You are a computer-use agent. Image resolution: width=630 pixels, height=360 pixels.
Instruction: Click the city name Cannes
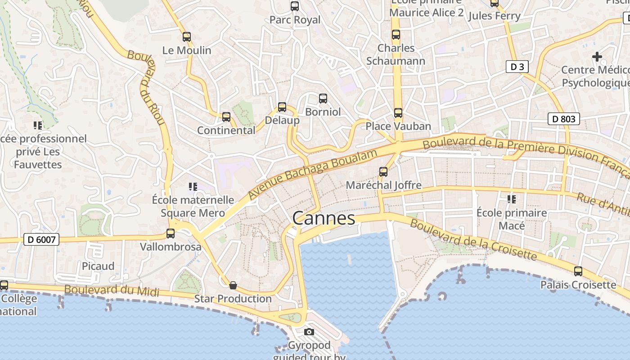coord(324,218)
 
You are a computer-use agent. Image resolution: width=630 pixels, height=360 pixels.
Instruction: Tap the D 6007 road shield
coord(41,239)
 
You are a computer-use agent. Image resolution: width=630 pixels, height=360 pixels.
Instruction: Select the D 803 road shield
coord(563,119)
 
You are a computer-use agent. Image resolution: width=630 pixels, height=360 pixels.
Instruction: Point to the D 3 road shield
coord(517,67)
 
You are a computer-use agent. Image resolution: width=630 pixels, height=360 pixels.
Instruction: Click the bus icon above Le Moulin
coord(187,37)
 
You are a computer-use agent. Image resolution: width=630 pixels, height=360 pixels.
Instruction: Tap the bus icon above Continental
coord(226,117)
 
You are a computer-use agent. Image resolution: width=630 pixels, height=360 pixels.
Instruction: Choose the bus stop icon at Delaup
coord(282,107)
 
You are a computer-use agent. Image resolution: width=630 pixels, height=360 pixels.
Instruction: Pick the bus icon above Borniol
coord(323,99)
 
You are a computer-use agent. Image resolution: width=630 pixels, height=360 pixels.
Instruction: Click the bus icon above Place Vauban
coord(398,113)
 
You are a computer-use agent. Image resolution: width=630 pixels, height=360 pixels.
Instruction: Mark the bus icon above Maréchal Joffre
coord(383,172)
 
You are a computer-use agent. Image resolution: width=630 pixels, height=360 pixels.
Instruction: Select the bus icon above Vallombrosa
coord(171,234)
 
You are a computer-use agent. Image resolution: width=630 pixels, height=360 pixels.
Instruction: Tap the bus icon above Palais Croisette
coord(578,271)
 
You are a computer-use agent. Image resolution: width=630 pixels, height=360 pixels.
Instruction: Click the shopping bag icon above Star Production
coord(233,285)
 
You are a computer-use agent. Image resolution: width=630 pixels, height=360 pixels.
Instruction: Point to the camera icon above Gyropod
coord(309,332)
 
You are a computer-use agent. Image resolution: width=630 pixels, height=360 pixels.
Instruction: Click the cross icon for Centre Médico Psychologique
coord(597,57)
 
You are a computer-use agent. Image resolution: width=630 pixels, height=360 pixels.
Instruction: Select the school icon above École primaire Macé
coord(512,199)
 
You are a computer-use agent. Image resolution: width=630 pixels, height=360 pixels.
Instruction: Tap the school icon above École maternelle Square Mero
coord(193,186)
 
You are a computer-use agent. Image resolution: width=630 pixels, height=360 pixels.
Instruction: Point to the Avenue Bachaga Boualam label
coord(312,175)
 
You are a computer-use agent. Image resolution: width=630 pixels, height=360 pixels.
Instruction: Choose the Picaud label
coord(98,266)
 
